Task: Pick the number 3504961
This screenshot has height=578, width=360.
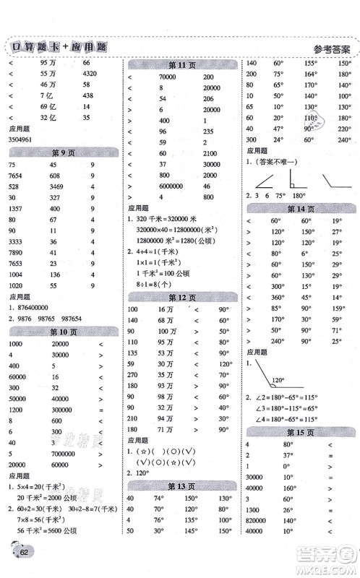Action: [25, 137]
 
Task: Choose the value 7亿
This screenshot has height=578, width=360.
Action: [48, 95]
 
